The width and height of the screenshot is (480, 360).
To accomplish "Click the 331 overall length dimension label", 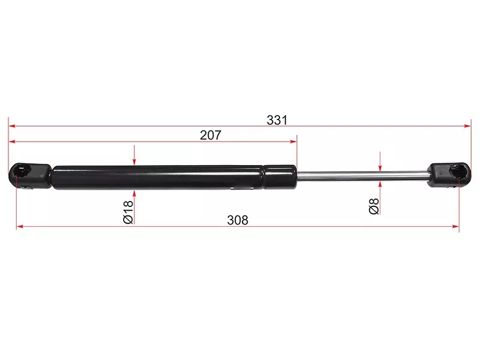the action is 277,120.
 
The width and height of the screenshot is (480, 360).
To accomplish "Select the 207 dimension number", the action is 211,135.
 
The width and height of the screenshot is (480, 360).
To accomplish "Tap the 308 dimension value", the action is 238,220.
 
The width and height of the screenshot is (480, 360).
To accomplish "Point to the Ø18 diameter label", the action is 128,212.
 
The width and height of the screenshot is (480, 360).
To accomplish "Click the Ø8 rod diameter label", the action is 374,206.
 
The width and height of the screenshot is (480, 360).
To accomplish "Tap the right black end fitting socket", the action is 449,175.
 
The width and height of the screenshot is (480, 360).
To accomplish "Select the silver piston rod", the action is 362,176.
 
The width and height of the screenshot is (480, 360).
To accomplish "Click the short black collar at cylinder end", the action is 280,177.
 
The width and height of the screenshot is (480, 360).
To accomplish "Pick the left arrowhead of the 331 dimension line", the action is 12,126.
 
